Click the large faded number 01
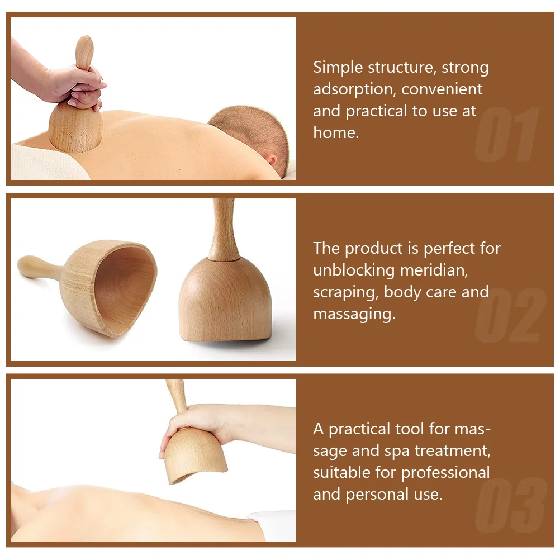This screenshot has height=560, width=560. pyautogui.click(x=506, y=135)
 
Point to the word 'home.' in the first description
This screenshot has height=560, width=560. pyautogui.click(x=335, y=132)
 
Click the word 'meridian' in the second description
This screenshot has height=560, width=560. pyautogui.click(x=433, y=270)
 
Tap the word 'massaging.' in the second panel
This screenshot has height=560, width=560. pyautogui.click(x=354, y=314)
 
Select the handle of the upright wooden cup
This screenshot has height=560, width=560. pyautogui.click(x=223, y=230)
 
